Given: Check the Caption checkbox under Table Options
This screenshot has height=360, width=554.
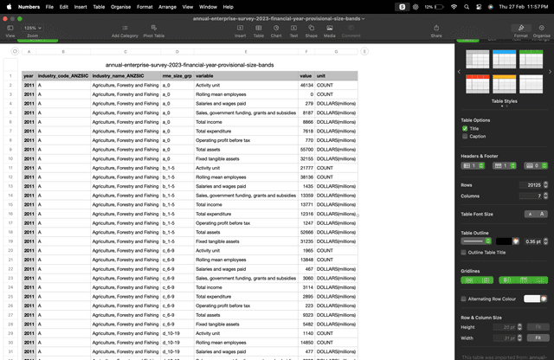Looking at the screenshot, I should pyautogui.click(x=465, y=136).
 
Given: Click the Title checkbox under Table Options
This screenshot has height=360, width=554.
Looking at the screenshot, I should pyautogui.click(x=465, y=128).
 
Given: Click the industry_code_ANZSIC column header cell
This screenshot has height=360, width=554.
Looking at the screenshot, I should pyautogui.click(x=62, y=76).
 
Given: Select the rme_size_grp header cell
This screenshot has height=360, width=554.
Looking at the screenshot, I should pyautogui.click(x=177, y=76).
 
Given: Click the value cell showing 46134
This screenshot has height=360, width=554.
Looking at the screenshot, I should pyautogui.click(x=306, y=86).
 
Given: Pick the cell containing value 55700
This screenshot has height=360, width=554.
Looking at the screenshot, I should pyautogui.click(x=306, y=150).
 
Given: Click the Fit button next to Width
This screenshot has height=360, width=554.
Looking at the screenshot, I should pyautogui.click(x=538, y=337).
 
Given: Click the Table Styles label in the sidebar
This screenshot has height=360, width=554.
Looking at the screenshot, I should pyautogui.click(x=505, y=101).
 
